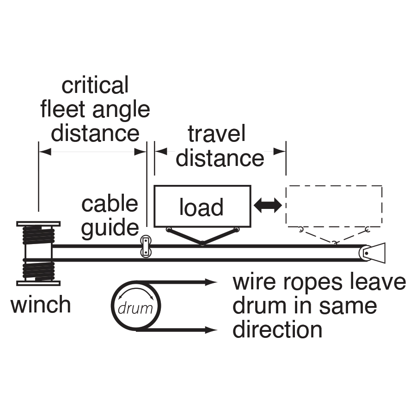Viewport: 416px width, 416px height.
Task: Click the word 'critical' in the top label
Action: click(x=95, y=86)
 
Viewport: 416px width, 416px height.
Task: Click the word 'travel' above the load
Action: click(x=216, y=134)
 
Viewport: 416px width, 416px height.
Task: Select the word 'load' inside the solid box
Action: click(x=202, y=208)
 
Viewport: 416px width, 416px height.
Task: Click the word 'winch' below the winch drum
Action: click(x=41, y=305)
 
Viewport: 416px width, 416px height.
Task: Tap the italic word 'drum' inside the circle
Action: click(x=135, y=308)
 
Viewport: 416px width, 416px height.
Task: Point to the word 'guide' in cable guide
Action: click(x=110, y=227)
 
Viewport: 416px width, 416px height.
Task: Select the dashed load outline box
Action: click(x=334, y=206)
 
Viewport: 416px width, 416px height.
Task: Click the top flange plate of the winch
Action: click(x=38, y=224)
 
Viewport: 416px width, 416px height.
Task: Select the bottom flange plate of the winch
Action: click(x=38, y=283)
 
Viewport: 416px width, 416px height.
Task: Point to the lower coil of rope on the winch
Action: click(x=38, y=271)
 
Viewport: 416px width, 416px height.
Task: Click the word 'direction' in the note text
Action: click(x=277, y=330)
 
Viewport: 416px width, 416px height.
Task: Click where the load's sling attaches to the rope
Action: click(x=202, y=244)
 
